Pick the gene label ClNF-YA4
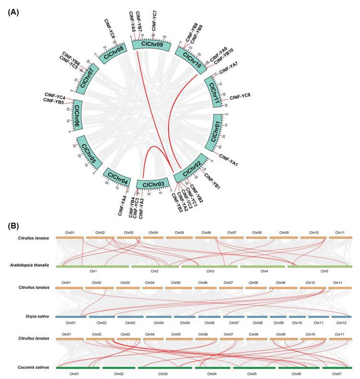click(123, 205)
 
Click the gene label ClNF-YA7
click(229, 71)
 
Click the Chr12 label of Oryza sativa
click(339, 322)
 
